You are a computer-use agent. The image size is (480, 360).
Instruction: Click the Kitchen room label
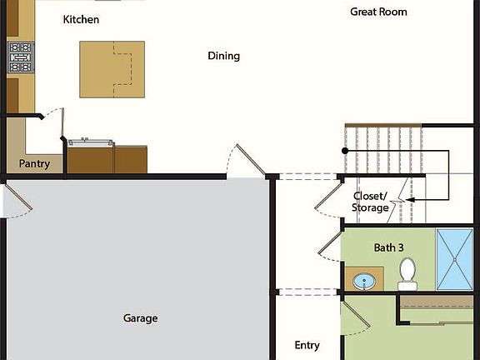81,19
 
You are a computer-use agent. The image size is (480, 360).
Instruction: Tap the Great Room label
378,12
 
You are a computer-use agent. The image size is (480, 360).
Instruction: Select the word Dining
223,56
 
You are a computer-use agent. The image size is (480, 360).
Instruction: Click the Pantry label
34,164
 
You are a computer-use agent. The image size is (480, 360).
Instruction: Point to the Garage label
140,318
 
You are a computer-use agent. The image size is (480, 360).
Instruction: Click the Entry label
307,345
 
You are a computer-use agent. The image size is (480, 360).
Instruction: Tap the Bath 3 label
388,247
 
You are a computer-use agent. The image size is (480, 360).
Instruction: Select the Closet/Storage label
371,202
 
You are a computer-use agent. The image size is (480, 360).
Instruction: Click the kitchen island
106,67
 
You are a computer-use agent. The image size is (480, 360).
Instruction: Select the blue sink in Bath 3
364,282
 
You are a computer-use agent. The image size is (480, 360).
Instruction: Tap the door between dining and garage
247,161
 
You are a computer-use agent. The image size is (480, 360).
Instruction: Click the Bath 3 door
330,247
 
